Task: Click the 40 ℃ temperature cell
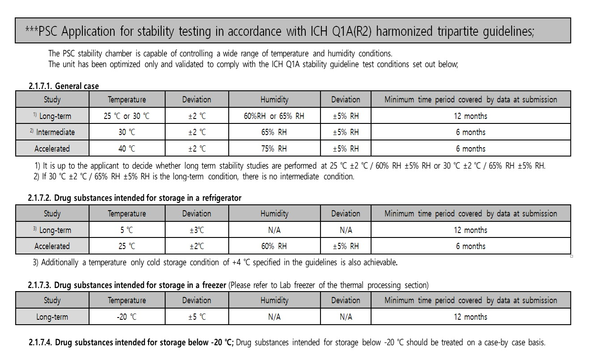(x=127, y=148)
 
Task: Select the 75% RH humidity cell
(x=274, y=148)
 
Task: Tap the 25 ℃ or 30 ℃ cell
(x=127, y=116)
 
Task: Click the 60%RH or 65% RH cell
(x=274, y=116)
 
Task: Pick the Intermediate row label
(x=52, y=132)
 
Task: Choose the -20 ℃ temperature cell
(x=127, y=317)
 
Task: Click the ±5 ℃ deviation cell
(x=197, y=317)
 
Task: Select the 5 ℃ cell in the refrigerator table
(x=127, y=230)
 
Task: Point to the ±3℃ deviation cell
(x=197, y=230)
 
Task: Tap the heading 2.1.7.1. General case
(x=64, y=86)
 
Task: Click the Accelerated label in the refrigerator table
(x=52, y=246)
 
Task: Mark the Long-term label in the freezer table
(x=52, y=317)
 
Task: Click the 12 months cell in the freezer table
(x=470, y=317)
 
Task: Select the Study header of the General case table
(x=52, y=100)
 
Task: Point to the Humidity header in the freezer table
(x=274, y=301)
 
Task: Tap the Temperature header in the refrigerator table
(x=127, y=214)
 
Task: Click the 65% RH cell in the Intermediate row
(x=274, y=132)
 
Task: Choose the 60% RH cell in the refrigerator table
(x=274, y=246)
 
